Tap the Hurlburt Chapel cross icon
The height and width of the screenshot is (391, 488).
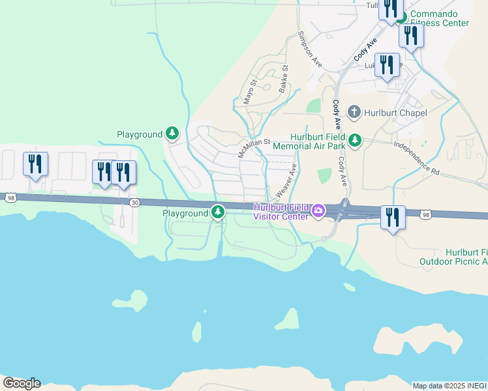click(354, 112)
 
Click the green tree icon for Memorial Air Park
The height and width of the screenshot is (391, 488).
click(355, 140)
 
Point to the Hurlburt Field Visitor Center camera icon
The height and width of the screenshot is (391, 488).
click(318, 210)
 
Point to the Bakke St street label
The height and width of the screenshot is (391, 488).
click(284, 78)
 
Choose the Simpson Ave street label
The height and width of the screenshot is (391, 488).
click(310, 49)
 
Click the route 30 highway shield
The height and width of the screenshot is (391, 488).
click(134, 203)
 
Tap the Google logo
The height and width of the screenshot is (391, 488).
click(21, 383)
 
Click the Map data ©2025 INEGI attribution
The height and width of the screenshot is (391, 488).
click(450, 386)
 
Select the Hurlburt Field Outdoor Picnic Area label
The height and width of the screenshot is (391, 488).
click(457, 257)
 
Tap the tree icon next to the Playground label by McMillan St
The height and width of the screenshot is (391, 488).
click(172, 134)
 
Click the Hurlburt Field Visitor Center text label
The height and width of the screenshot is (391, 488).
click(281, 212)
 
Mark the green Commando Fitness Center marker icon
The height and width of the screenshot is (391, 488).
click(403, 17)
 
